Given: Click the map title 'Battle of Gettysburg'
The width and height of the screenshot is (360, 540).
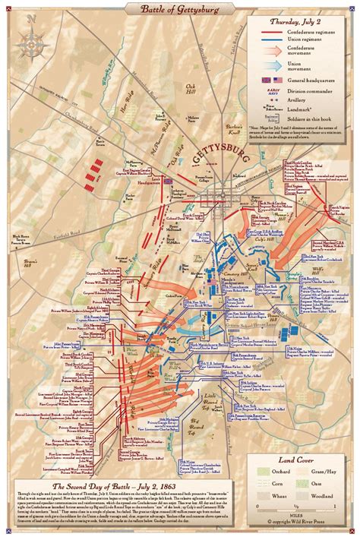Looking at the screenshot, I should [x=179, y=8].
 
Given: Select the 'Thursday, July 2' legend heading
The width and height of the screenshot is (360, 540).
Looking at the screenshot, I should [x=299, y=22].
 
